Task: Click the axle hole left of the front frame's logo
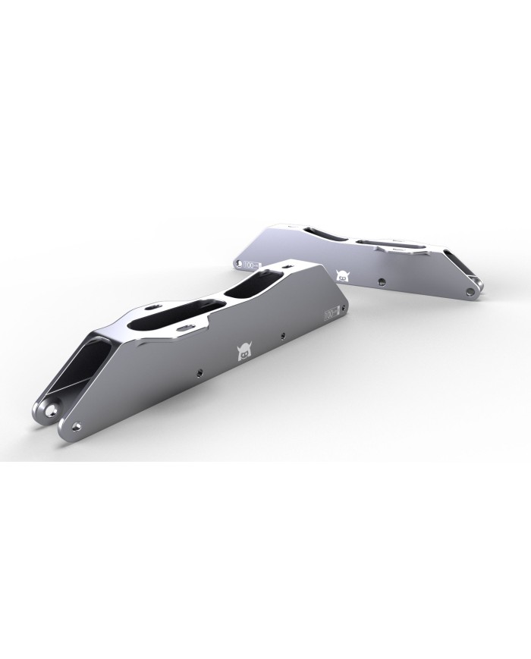(x=199, y=372)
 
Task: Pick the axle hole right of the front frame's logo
(x=282, y=334)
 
